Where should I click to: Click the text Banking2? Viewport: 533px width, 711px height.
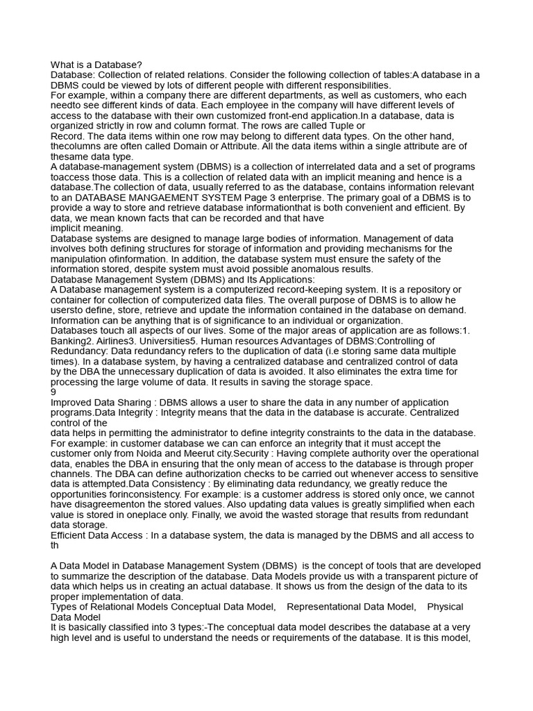pos(74,341)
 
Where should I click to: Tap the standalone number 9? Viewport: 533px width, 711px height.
pos(54,392)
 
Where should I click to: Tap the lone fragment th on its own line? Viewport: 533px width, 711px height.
pos(55,545)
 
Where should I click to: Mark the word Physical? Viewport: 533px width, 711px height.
pos(445,607)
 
